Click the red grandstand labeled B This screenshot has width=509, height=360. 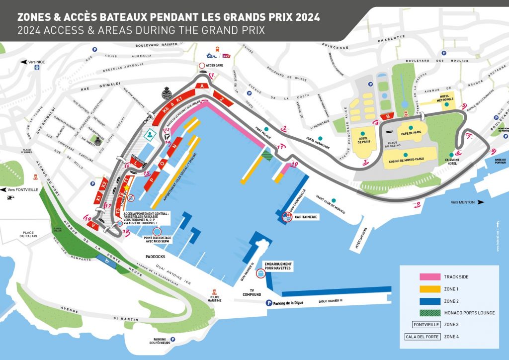387,116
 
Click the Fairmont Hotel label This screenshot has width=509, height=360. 451,162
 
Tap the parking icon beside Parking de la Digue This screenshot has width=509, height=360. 268,303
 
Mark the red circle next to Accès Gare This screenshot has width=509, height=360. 202,66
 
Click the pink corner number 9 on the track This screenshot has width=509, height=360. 464,106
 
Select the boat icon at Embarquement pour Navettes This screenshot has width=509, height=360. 260,273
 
